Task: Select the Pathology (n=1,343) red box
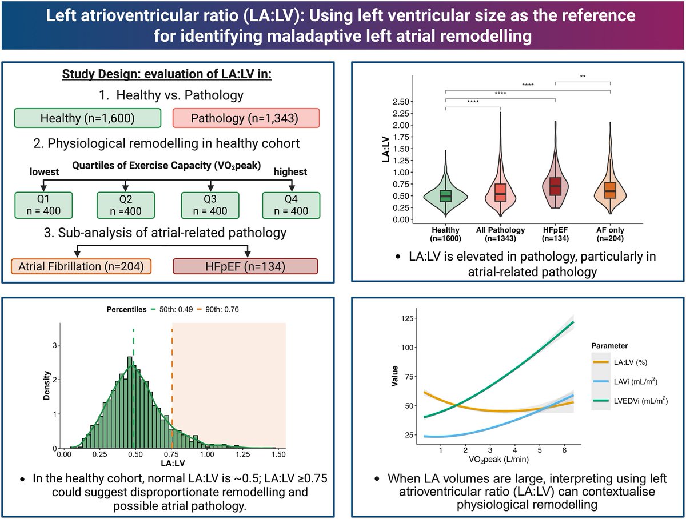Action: (246, 118)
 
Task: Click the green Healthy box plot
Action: (445, 195)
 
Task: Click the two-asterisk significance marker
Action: (583, 75)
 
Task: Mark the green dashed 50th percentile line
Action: (133, 389)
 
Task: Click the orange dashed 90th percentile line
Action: (171, 389)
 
